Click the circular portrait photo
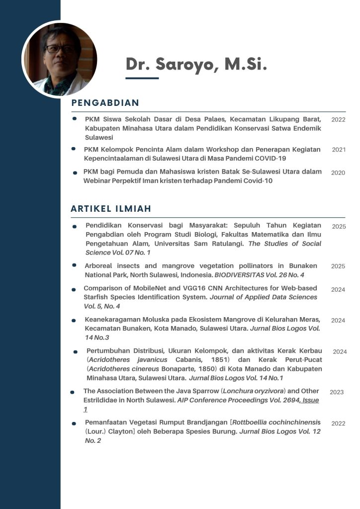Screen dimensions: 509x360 click(60, 59)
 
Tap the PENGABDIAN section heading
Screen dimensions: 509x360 click(105, 103)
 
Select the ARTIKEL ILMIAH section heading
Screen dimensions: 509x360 click(111, 209)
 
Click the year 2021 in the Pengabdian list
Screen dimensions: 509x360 click(339, 150)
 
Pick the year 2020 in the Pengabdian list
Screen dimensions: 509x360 click(338, 172)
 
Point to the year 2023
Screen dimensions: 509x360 click(337, 392)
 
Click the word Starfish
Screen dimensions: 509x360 click(96, 297)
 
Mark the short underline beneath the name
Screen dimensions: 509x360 click(142, 78)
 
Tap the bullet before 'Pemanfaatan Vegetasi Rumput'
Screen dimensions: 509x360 click(74, 424)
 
